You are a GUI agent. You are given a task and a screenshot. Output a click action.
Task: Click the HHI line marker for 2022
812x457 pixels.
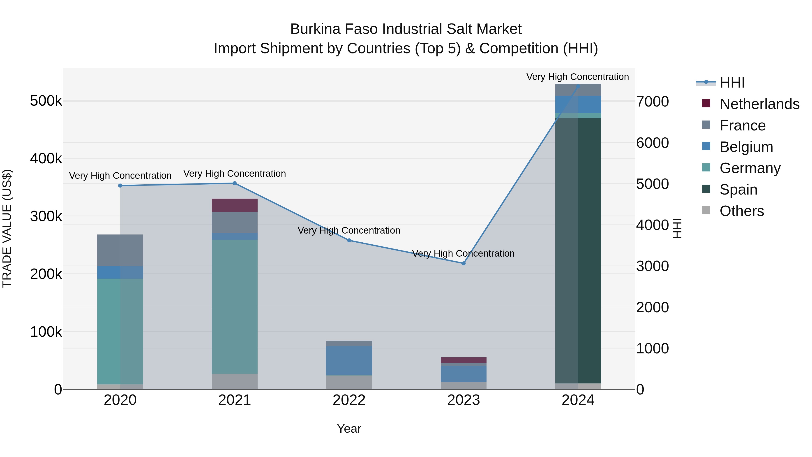(x=349, y=241)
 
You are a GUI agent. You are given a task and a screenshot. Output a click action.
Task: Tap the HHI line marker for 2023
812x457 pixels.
(x=463, y=263)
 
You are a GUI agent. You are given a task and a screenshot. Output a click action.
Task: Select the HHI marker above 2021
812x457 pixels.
(x=235, y=183)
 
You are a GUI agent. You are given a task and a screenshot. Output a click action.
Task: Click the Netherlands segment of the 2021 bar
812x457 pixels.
(x=235, y=205)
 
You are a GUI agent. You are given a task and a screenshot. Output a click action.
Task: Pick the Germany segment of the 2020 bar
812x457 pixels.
(x=120, y=331)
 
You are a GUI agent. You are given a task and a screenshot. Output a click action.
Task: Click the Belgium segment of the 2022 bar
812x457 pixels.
(x=349, y=360)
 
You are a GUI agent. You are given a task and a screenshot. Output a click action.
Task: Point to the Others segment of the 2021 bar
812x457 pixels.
(x=235, y=381)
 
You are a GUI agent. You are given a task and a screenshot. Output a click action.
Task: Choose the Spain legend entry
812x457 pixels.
(x=738, y=190)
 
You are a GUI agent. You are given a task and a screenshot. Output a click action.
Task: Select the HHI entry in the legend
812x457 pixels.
(x=732, y=83)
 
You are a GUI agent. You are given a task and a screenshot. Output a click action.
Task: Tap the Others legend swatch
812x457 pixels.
(x=706, y=210)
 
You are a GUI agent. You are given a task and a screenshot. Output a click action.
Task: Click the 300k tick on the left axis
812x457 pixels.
(x=46, y=216)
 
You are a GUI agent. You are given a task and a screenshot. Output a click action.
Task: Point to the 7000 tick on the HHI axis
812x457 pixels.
(x=652, y=102)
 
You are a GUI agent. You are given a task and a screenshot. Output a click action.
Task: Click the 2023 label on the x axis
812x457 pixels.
(x=463, y=400)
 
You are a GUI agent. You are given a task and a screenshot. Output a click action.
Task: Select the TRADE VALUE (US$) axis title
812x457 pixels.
(x=7, y=228)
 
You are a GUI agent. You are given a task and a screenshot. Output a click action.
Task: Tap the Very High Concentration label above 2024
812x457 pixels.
(x=577, y=77)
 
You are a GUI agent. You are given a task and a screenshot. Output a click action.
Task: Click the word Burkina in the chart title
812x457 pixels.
(x=315, y=29)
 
